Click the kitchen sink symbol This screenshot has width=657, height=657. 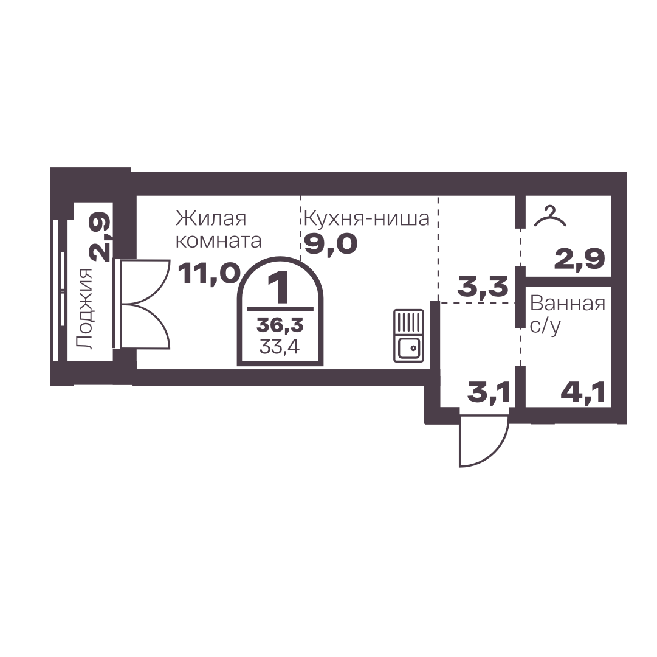[408, 335]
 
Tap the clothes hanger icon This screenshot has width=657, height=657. [550, 217]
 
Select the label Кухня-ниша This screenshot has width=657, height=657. [366, 218]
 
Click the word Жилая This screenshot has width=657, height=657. [211, 218]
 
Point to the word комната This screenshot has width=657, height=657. [219, 241]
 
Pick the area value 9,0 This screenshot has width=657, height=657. [331, 244]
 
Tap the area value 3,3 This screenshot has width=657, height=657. [483, 287]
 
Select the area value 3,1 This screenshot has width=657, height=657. [489, 394]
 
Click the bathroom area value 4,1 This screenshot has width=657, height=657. [583, 394]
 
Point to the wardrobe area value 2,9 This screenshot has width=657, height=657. [579, 259]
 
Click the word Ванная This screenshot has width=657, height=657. [568, 303]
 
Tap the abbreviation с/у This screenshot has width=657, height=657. [545, 326]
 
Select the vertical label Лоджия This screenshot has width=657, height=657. [84, 308]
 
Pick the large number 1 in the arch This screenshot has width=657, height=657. [280, 287]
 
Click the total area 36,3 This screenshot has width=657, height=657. [280, 325]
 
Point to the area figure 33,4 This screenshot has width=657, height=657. [280, 347]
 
